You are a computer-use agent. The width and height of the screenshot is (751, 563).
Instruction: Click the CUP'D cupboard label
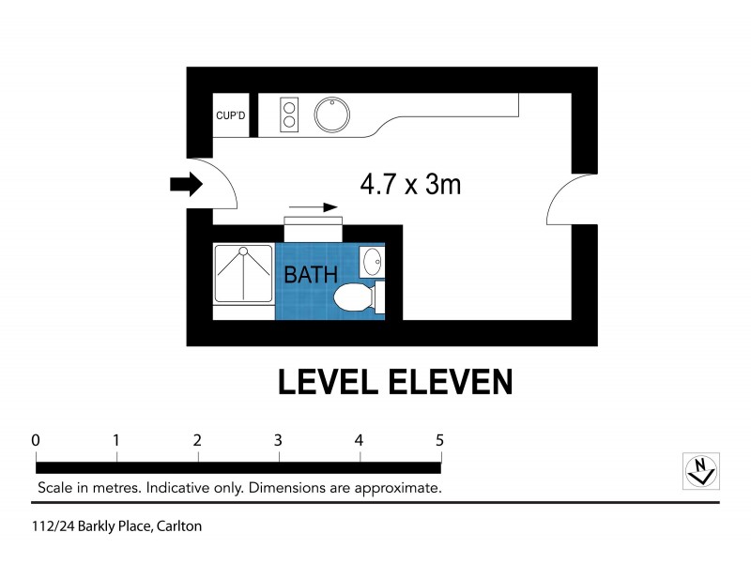pos(231,115)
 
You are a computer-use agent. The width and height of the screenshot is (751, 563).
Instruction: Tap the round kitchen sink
pos(331,115)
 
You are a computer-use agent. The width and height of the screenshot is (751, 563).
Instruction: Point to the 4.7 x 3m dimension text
pos(410,184)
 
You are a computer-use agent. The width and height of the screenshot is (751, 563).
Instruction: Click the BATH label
pos(311,276)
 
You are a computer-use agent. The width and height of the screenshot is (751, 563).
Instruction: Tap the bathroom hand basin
pos(372,261)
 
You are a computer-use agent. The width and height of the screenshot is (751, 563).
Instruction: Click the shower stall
pos(243,273)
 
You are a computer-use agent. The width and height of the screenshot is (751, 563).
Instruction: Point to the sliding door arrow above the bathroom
pos(313,207)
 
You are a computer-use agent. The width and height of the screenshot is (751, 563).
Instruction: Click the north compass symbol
pos(700,469)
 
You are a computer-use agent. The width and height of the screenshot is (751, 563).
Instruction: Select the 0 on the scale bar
pos(36,440)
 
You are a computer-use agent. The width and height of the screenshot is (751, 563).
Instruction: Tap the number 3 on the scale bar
pos(279,440)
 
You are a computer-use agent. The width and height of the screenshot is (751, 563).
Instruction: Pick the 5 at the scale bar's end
pos(439,440)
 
